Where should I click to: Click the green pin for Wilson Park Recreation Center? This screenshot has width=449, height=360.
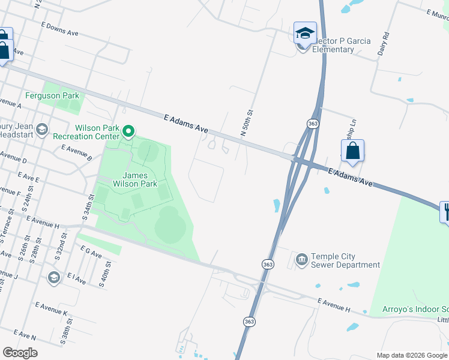[x=128, y=131]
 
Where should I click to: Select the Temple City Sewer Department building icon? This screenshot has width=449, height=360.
[x=301, y=260]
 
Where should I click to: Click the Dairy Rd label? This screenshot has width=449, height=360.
[x=384, y=43]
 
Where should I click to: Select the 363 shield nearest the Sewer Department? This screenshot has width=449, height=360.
[x=268, y=264]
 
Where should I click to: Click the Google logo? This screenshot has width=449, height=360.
[x=20, y=353]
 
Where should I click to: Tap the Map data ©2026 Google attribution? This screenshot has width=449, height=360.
[x=411, y=355]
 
